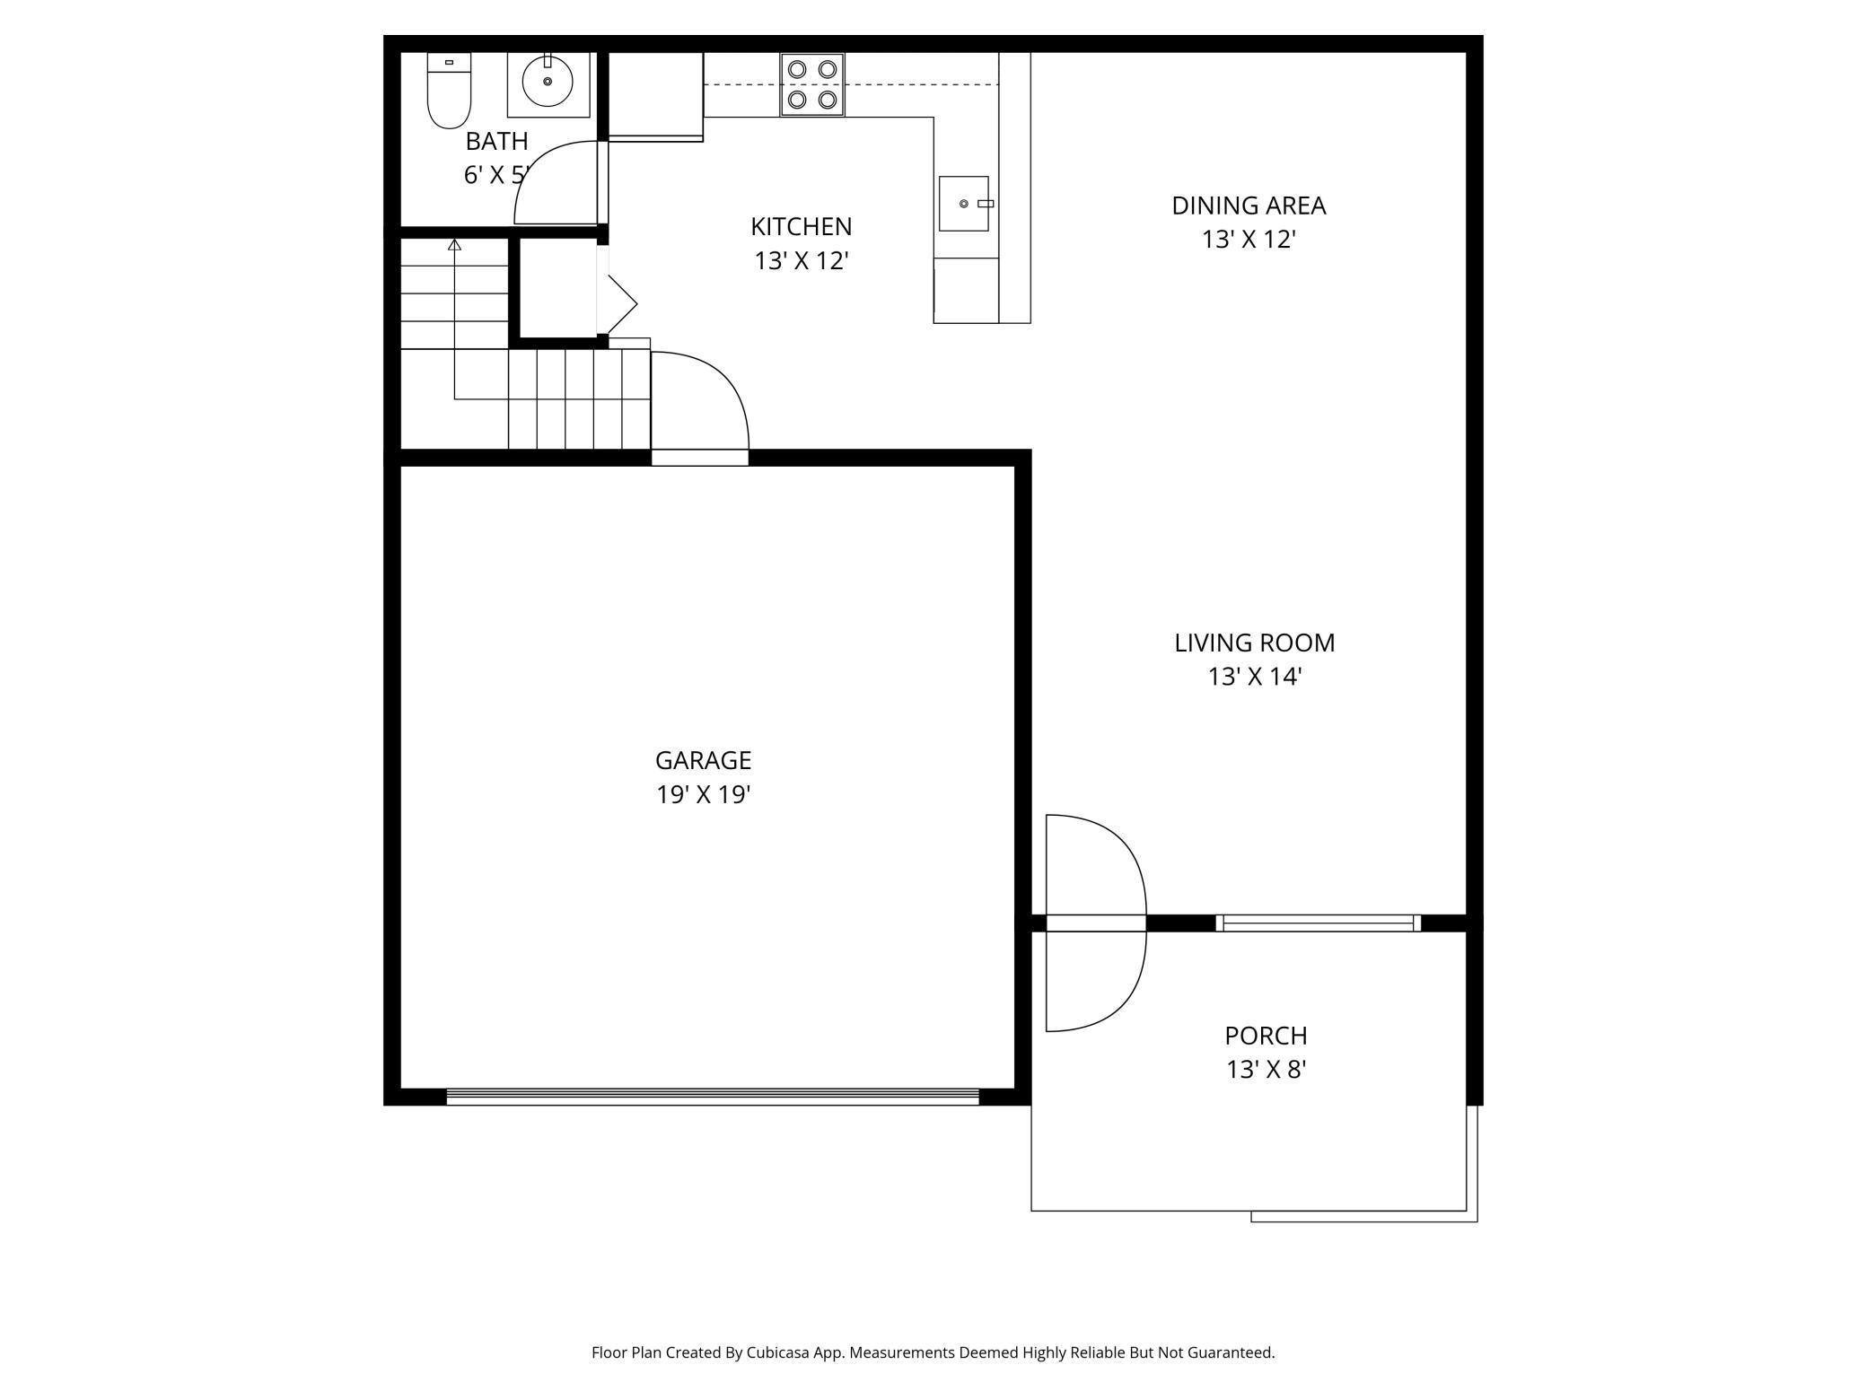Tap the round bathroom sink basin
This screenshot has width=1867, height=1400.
(x=548, y=82)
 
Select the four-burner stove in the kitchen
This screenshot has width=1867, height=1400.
(x=812, y=85)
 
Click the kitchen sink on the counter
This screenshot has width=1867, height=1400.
(x=964, y=204)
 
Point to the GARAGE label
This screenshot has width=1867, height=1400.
(x=703, y=760)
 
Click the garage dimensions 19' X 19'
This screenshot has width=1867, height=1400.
(x=703, y=795)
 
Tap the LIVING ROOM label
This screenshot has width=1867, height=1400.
(x=1255, y=643)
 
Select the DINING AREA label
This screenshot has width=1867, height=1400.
(x=1249, y=206)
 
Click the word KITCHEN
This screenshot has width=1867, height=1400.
(x=802, y=226)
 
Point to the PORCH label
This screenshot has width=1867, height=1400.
(x=1267, y=1036)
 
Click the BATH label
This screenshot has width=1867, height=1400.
(x=496, y=141)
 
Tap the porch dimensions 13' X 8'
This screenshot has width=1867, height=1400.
(x=1267, y=1070)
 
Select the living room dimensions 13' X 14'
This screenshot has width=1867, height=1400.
(x=1255, y=677)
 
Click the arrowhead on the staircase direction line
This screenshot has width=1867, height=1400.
(x=454, y=244)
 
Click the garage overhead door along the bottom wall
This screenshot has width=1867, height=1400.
(x=713, y=1096)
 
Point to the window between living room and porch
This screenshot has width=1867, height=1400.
(x=1319, y=923)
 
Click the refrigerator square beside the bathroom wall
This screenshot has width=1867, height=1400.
(x=656, y=94)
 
